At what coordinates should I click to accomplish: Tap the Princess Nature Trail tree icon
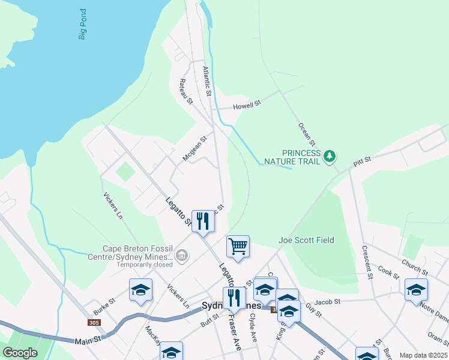point(329,157)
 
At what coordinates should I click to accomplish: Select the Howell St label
point(249,104)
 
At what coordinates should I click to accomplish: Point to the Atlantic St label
point(207,82)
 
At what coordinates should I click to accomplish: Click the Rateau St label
point(186,91)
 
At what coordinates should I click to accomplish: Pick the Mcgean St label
point(194,148)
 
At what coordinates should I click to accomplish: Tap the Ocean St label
point(307,134)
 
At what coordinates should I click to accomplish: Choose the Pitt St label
point(363,161)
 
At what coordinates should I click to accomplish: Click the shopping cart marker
point(238,245)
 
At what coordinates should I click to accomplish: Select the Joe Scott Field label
point(306,240)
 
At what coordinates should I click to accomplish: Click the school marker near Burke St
point(141,290)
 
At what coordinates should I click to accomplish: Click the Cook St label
point(388,274)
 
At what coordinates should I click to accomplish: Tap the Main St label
point(86,341)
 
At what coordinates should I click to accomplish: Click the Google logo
point(20,353)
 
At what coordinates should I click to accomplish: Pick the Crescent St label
point(368,256)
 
